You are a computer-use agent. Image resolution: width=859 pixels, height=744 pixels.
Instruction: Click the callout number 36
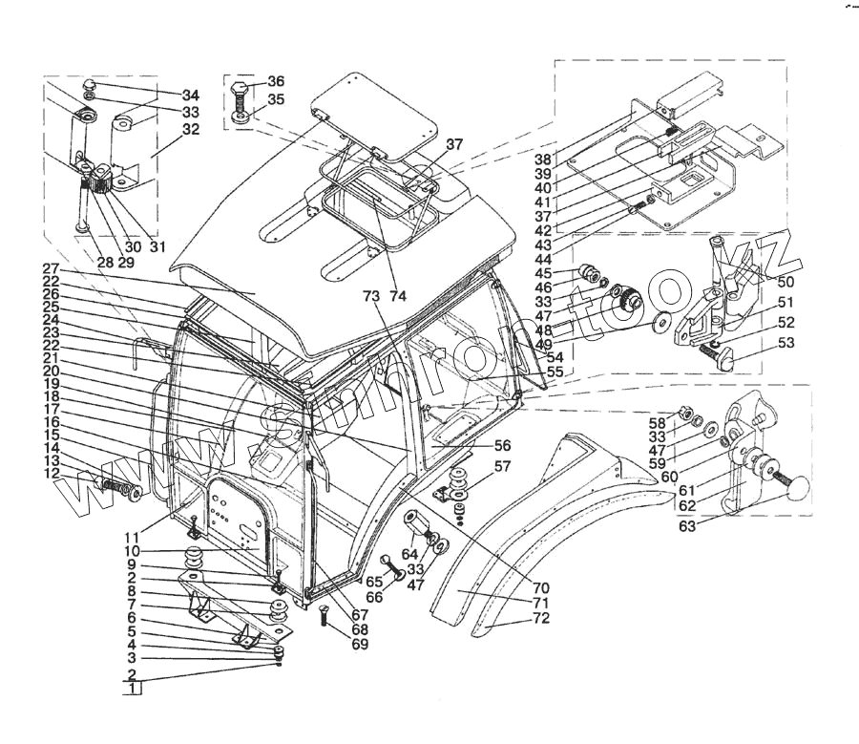tap(275, 81)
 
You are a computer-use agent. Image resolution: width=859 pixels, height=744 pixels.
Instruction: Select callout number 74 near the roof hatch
tap(397, 296)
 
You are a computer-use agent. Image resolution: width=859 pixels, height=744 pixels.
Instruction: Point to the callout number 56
tap(502, 446)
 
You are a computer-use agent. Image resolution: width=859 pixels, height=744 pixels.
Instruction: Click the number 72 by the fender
tap(540, 620)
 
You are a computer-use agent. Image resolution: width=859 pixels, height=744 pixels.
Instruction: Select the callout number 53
tap(786, 342)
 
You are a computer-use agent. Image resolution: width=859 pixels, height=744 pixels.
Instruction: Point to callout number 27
tap(51, 269)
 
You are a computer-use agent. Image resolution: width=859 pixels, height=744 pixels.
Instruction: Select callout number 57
tap(502, 466)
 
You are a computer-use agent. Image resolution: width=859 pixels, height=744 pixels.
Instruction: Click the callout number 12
tap(51, 475)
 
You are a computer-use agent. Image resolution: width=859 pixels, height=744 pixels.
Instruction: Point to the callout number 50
tap(786, 283)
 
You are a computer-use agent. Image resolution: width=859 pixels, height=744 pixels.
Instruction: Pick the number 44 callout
tap(543, 260)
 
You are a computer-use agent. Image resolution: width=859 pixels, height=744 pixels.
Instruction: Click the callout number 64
tap(409, 553)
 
